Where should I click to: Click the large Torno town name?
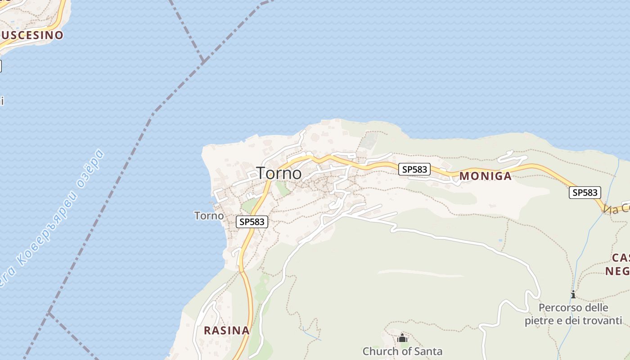(x=279, y=173)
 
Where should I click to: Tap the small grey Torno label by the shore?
(x=209, y=216)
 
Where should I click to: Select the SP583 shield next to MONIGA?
(x=414, y=169)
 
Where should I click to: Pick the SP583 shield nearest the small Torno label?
(x=252, y=221)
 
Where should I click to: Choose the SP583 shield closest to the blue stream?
(x=585, y=193)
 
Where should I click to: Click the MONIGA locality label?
(x=485, y=176)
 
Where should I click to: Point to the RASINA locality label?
(x=226, y=330)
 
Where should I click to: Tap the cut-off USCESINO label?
(x=31, y=35)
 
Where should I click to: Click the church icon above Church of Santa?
(x=402, y=338)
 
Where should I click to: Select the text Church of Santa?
(x=402, y=351)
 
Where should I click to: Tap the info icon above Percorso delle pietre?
(x=573, y=295)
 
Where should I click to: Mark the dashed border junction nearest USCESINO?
(x=203, y=60)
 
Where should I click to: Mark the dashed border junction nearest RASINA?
(x=49, y=313)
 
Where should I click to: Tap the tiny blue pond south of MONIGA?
(x=501, y=240)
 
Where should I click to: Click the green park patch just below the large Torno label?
(x=283, y=189)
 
